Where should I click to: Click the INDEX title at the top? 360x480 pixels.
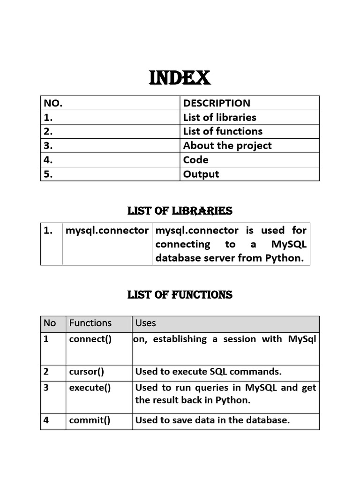point(180,78)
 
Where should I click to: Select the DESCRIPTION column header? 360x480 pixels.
point(217,103)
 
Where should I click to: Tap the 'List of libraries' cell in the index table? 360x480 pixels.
point(219,117)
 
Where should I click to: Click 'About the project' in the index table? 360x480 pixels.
point(227,146)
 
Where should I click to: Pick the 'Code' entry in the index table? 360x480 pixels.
point(196,160)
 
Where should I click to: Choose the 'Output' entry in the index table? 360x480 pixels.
point(201,174)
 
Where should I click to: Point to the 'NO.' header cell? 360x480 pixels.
point(53,103)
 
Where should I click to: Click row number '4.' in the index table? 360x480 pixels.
point(48,160)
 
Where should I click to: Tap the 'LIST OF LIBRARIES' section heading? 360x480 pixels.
point(180,211)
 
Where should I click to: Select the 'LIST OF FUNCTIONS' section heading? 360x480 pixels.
point(180,295)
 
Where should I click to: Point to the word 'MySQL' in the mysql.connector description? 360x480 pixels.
point(289,244)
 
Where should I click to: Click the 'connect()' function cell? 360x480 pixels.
point(90,339)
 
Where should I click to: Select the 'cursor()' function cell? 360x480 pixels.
point(86,372)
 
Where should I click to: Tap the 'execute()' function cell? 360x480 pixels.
point(90,388)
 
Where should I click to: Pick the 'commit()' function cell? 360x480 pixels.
point(90,420)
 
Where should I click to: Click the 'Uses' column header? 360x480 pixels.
point(145,323)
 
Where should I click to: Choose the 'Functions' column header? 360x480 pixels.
point(90,323)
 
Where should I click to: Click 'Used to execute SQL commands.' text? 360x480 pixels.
point(208,372)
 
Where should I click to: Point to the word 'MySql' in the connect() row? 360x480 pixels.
point(302,339)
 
